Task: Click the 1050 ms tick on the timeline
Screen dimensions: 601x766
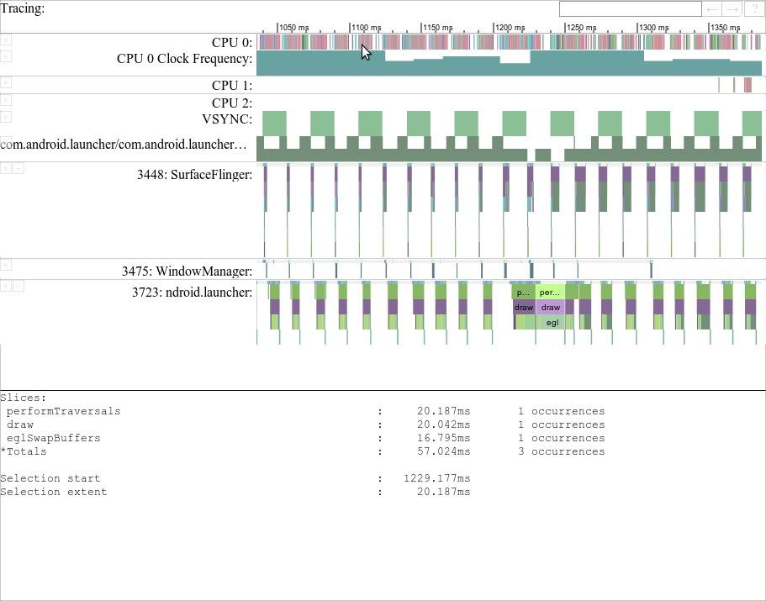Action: (x=294, y=28)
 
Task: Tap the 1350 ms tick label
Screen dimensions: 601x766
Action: (x=726, y=28)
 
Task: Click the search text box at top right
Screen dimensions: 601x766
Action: (x=630, y=9)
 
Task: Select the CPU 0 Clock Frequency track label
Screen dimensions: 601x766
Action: (x=184, y=59)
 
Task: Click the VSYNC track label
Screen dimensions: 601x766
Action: (x=227, y=119)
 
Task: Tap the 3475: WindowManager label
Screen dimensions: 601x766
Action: (x=187, y=272)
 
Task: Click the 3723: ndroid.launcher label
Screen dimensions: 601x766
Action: (x=192, y=293)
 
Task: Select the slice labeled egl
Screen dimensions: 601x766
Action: (x=551, y=322)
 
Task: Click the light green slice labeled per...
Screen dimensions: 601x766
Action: (x=549, y=293)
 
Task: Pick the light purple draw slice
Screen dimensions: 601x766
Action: (x=551, y=308)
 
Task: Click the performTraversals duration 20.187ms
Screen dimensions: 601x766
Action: (x=443, y=412)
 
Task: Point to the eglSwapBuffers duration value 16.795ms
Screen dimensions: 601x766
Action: (x=443, y=439)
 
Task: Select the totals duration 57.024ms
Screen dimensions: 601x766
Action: (x=443, y=452)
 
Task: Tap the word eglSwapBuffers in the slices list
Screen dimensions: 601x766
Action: (x=53, y=439)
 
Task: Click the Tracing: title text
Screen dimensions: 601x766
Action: (x=23, y=8)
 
